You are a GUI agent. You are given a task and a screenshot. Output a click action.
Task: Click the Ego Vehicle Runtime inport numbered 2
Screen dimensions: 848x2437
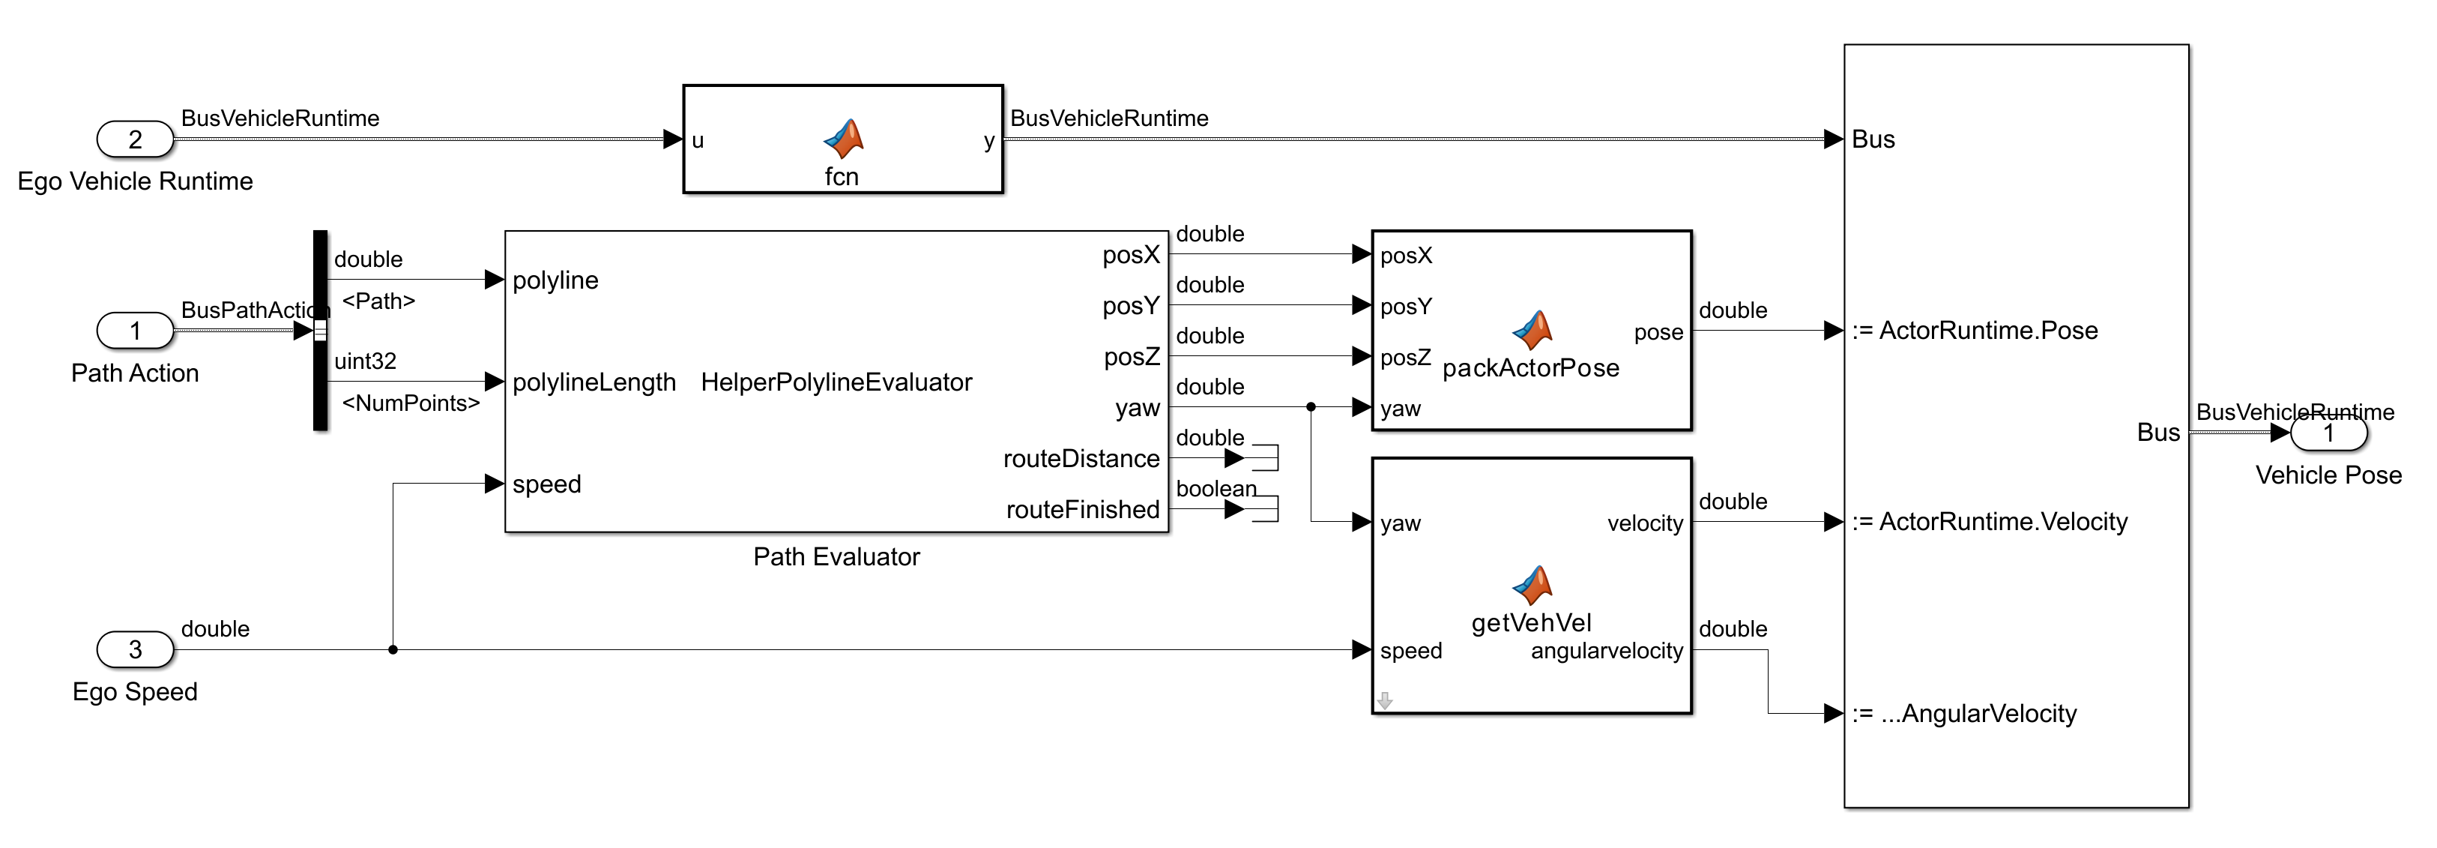[136, 139]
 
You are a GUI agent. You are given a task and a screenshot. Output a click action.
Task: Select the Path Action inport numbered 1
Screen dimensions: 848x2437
[136, 331]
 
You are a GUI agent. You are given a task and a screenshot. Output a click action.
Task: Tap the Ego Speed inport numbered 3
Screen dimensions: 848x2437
[136, 649]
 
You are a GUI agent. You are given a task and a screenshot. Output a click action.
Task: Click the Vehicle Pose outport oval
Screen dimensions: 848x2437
[2328, 433]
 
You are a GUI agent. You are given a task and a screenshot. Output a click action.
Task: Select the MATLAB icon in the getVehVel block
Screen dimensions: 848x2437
[1532, 585]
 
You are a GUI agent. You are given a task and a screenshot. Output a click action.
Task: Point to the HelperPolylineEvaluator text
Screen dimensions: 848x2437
[836, 382]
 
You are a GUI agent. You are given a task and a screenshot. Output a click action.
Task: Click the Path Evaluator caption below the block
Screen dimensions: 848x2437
[836, 556]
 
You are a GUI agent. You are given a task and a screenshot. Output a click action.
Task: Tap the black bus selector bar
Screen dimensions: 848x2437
[321, 284]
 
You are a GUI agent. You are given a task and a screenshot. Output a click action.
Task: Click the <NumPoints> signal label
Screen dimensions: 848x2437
[411, 403]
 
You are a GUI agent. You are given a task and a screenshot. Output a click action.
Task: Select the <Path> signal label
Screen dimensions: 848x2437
[378, 301]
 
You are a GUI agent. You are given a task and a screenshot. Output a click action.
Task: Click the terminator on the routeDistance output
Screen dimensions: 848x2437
[1265, 458]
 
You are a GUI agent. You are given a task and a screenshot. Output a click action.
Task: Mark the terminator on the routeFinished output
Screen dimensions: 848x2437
[1265, 509]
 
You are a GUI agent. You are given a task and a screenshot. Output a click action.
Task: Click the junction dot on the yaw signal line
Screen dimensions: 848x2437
[1310, 407]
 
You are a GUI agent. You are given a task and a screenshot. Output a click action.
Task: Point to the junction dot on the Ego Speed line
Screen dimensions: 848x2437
[393, 649]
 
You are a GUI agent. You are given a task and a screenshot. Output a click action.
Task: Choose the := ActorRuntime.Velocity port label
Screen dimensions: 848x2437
[1990, 522]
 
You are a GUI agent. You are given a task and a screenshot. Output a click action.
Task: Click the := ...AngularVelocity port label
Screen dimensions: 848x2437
[1964, 714]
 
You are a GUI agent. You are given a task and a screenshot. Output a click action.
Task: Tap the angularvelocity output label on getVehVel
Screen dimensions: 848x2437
[1607, 650]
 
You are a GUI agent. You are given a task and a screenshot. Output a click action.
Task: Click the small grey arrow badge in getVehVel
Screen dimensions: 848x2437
[1385, 700]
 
